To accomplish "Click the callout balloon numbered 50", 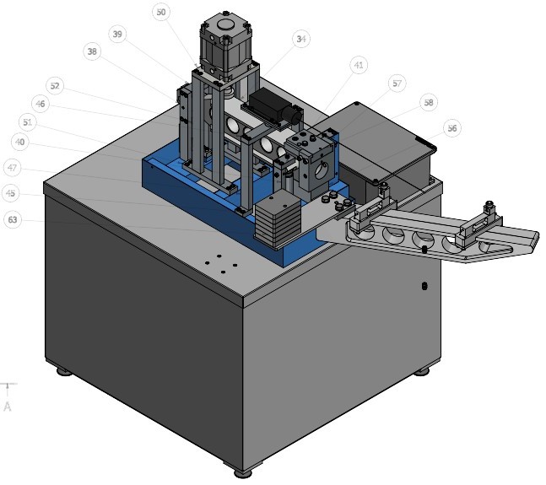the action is [161, 12].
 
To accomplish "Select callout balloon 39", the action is [117, 34].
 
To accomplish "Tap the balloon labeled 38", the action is [92, 51].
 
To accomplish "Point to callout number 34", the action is [301, 39].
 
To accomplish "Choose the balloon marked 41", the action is [359, 65].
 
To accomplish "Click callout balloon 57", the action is [397, 84].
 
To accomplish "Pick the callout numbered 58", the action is [429, 103].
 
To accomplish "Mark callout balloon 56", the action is [452, 128].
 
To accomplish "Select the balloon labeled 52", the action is [55, 85].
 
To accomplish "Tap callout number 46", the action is [40, 104].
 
